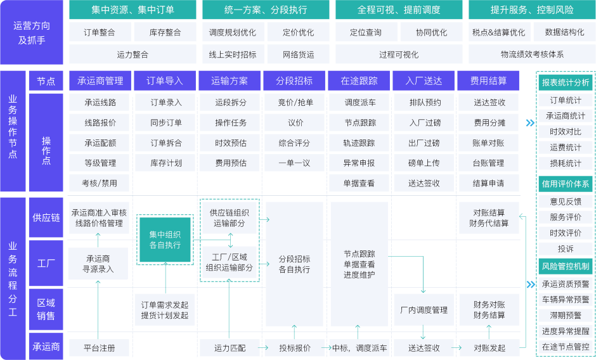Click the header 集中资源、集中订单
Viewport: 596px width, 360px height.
click(133, 10)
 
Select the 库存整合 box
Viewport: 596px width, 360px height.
click(165, 32)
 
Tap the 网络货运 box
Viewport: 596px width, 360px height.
click(298, 55)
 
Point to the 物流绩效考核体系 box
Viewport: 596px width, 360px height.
click(531, 55)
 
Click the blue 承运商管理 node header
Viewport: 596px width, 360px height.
click(100, 80)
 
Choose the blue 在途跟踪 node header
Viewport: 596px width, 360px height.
click(359, 80)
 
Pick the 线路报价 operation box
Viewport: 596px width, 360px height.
click(100, 123)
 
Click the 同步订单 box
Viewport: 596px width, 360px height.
click(165, 123)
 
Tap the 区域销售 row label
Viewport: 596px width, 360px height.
click(46, 309)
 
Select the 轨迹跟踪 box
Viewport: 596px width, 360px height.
click(359, 143)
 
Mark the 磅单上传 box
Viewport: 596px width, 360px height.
click(424, 163)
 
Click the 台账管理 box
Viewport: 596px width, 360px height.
click(489, 163)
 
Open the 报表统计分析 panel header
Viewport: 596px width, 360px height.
click(565, 82)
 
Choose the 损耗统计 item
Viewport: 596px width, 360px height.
click(565, 163)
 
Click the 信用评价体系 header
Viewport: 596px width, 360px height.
click(565, 184)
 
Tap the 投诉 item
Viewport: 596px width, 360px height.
click(565, 248)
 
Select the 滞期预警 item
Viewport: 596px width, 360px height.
click(565, 315)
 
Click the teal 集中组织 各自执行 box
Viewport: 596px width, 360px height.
click(165, 239)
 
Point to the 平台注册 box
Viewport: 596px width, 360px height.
click(100, 348)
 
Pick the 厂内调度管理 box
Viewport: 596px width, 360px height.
click(424, 310)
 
